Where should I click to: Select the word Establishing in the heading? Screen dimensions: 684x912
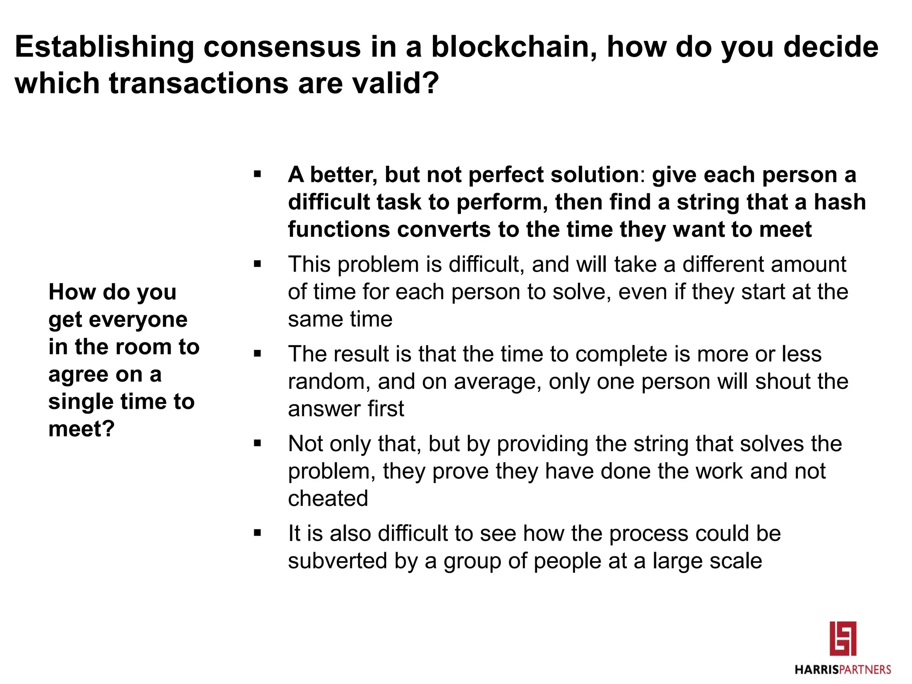point(104,47)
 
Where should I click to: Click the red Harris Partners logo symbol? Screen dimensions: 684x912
point(843,639)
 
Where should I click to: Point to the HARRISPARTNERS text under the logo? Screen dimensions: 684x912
point(843,669)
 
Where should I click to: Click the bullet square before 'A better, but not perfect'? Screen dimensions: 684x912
point(257,174)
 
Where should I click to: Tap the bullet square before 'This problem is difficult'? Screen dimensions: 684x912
point(257,264)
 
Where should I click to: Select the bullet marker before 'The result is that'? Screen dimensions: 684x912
point(257,354)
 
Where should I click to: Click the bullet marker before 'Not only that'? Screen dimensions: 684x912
point(257,444)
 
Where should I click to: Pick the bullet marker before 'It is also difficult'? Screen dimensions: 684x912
point(257,533)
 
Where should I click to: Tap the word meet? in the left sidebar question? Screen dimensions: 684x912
point(81,429)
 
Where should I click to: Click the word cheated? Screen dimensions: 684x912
point(328,498)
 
